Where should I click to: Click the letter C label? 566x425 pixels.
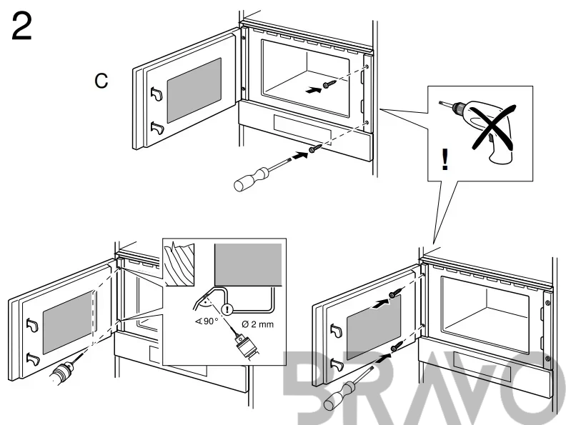[x=102, y=81]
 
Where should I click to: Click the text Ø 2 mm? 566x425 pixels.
[x=258, y=324]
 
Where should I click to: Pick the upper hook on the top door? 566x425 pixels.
[x=157, y=93]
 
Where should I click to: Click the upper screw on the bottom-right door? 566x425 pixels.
[x=394, y=294]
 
